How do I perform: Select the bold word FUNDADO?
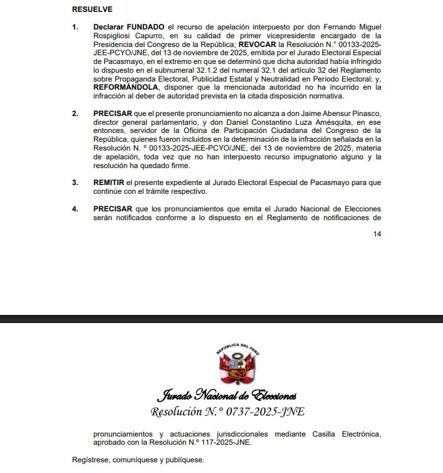pos(146,28)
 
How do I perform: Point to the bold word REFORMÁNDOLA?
pos(125,88)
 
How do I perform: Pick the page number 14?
pos(377,234)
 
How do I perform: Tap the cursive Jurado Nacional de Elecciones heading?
pos(226,396)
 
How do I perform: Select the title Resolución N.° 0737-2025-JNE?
pos(227,412)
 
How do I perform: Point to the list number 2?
pos(75,114)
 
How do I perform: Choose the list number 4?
pos(75,208)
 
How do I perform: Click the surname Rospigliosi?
pos(116,36)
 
